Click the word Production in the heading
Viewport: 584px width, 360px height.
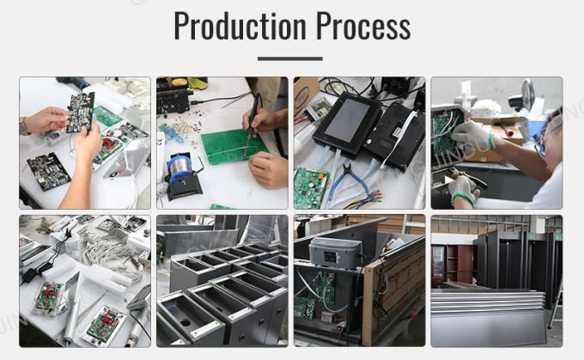[x=240, y=25]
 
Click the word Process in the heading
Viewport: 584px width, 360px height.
[x=363, y=25]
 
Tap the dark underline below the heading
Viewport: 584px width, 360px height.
[x=289, y=58]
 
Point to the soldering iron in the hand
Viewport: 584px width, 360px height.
[x=252, y=124]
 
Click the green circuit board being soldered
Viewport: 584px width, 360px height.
[x=233, y=146]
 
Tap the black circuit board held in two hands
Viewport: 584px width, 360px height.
[x=81, y=113]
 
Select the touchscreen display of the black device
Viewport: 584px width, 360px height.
[x=347, y=120]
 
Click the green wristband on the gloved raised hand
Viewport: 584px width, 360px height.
[x=491, y=141]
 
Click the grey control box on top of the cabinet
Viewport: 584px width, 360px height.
[x=335, y=253]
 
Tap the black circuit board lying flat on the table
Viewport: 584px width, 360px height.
[x=48, y=172]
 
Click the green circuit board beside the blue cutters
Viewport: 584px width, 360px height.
[x=310, y=188]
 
